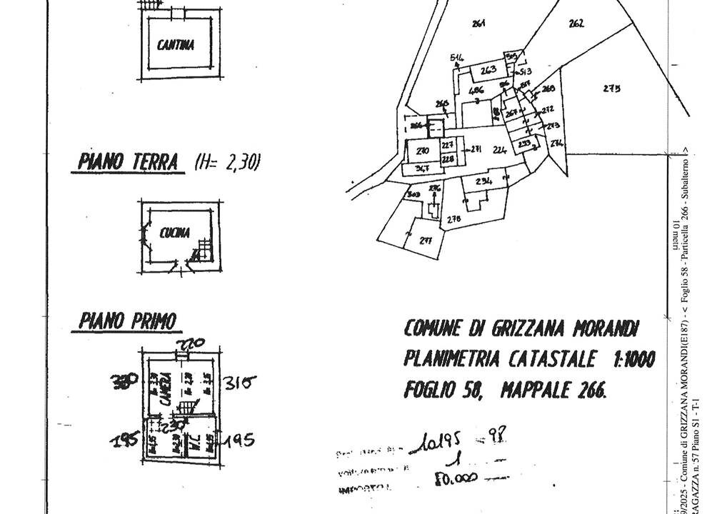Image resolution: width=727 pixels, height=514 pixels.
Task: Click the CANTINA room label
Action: [175, 46]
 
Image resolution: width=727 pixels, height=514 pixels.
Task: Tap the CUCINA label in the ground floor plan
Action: [174, 232]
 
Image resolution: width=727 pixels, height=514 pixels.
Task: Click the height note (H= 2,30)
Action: [227, 163]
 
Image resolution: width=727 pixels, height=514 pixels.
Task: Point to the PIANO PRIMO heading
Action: [127, 322]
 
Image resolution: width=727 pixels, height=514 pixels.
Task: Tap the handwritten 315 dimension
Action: [239, 383]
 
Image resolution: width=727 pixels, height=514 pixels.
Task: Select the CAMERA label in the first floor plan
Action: [164, 389]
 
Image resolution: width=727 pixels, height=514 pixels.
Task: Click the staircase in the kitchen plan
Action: [204, 251]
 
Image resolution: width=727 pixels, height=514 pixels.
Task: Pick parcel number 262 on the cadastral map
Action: [576, 24]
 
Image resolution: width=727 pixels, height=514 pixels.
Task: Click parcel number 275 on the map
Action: [611, 89]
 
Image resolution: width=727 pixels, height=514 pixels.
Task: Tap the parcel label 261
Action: [478, 24]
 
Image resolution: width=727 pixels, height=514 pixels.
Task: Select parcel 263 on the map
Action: [488, 70]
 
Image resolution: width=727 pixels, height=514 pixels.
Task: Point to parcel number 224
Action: [499, 150]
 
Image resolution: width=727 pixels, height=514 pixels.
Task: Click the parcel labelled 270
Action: [423, 151]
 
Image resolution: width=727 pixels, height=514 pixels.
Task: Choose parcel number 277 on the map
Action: [426, 240]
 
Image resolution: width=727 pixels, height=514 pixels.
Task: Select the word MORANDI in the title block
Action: [604, 328]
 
